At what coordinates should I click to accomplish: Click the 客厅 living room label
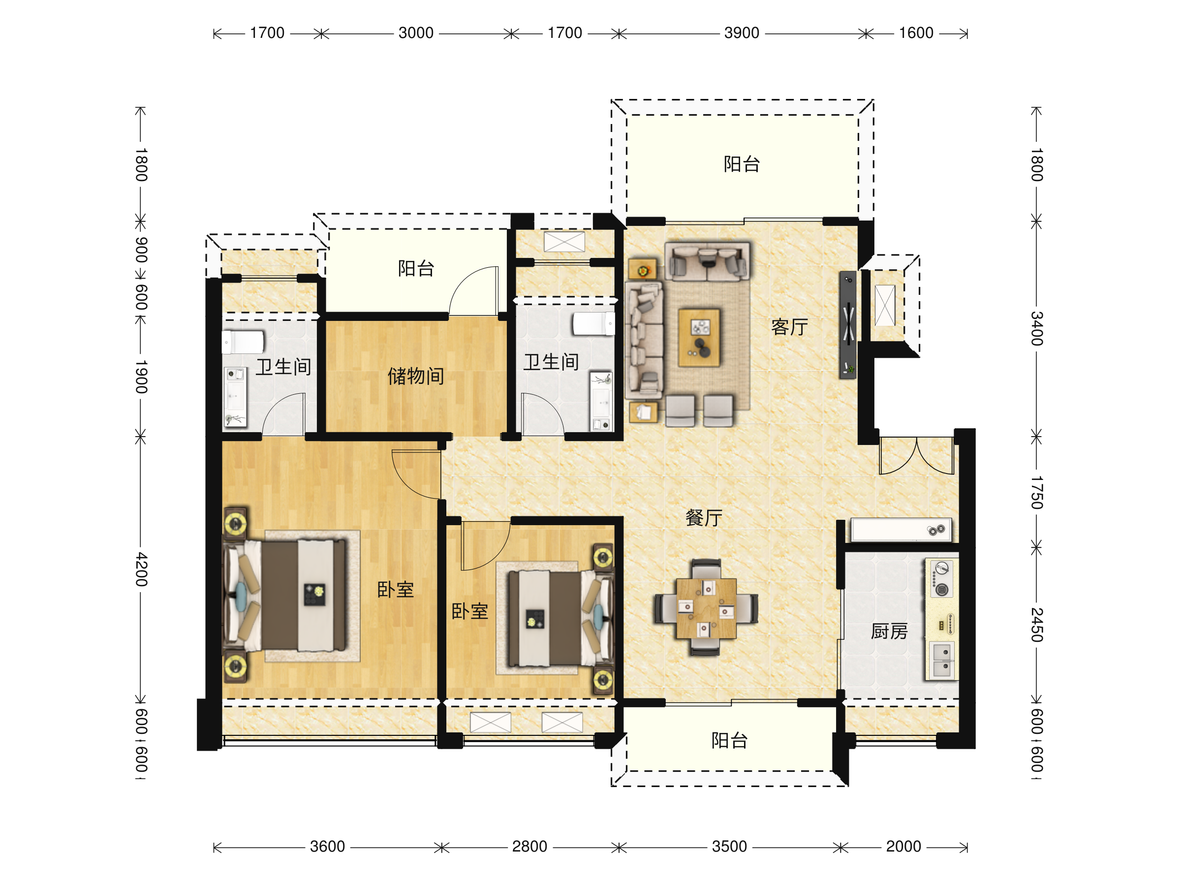click(x=789, y=327)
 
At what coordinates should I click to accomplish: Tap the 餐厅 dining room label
click(x=704, y=517)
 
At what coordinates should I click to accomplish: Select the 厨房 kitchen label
click(x=889, y=631)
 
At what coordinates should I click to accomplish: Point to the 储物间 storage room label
click(x=416, y=376)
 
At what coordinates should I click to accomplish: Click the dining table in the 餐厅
click(x=706, y=608)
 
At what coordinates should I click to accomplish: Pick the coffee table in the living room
click(x=699, y=338)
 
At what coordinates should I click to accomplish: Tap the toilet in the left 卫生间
click(x=243, y=342)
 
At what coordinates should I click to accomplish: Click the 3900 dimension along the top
click(x=742, y=33)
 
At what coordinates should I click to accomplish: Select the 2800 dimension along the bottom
click(x=529, y=847)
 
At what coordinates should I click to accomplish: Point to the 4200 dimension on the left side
click(x=141, y=570)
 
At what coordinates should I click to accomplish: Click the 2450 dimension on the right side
click(x=1036, y=624)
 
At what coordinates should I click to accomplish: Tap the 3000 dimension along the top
click(x=416, y=33)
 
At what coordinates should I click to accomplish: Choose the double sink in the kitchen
click(x=942, y=661)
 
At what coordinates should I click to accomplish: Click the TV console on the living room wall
click(x=847, y=325)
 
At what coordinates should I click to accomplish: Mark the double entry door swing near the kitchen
click(x=917, y=455)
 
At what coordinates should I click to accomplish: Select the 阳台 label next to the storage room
click(x=416, y=268)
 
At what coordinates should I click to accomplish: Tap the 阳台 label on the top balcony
click(x=742, y=164)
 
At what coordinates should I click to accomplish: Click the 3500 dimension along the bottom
click(x=729, y=847)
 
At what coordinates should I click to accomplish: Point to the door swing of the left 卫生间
click(x=283, y=414)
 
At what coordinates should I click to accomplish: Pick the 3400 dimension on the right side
click(x=1036, y=328)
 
